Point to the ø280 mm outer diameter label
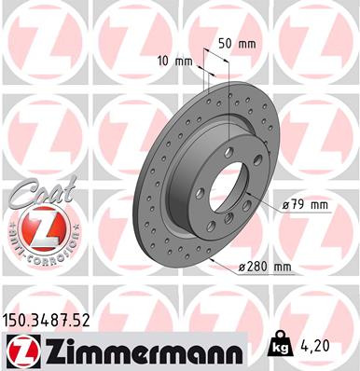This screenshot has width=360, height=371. (266, 268)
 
